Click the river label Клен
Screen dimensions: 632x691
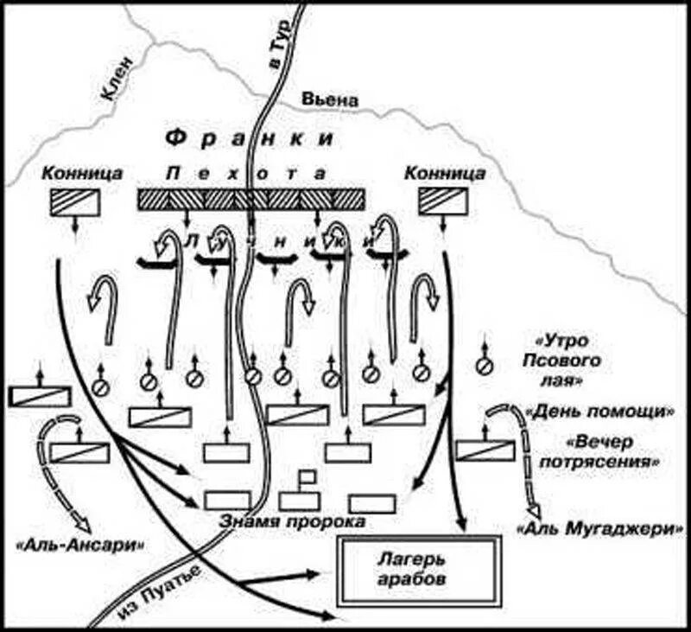click(119, 79)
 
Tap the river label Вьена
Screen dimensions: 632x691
click(329, 99)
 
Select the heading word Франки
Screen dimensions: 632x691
click(250, 138)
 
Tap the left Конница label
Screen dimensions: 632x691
click(75, 174)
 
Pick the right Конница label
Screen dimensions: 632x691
click(444, 174)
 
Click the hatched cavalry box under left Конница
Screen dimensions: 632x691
click(75, 201)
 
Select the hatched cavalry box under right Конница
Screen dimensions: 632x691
click(444, 201)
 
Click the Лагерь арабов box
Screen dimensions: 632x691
click(421, 571)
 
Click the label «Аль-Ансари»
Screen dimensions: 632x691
click(79, 545)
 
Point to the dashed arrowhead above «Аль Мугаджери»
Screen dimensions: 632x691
click(539, 508)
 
